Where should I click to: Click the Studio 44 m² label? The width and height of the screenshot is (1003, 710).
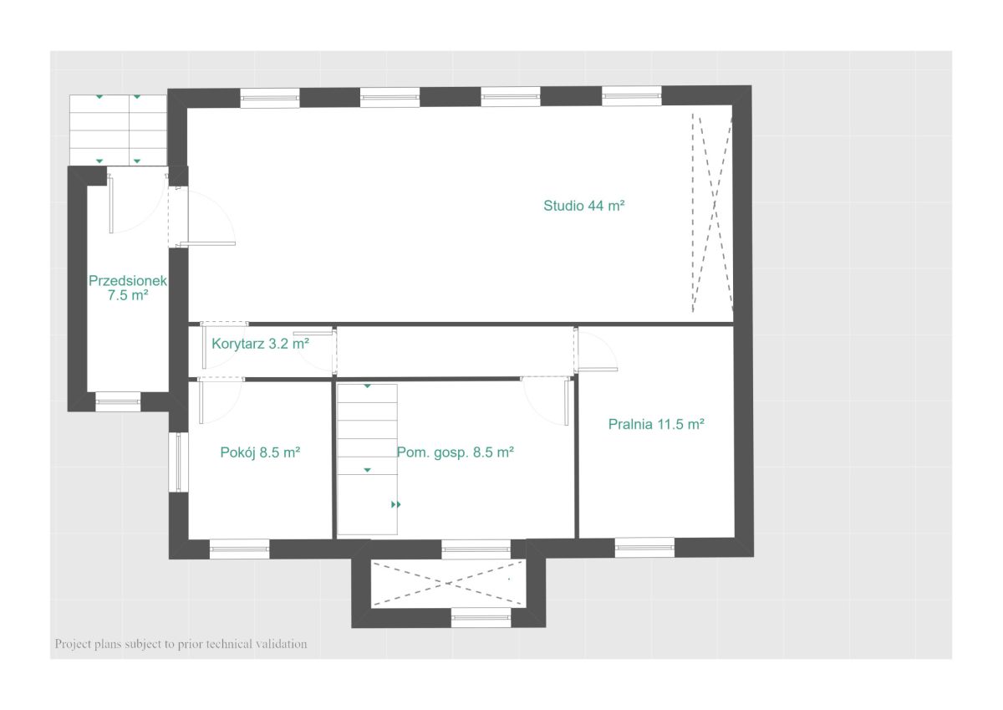[583, 206]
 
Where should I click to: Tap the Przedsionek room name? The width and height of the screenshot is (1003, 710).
[128, 281]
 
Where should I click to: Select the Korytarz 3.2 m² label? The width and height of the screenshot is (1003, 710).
[260, 344]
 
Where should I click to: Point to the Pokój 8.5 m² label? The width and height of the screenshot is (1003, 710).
[260, 452]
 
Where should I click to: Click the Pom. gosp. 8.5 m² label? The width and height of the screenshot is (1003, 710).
[456, 452]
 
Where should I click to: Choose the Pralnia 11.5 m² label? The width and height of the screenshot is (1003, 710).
[656, 424]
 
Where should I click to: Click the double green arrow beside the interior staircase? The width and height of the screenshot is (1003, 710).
[396, 504]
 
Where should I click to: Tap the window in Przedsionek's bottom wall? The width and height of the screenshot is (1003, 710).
[118, 401]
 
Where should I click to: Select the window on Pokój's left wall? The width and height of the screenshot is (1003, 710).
[178, 462]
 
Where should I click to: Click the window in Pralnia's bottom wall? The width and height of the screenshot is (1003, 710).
[644, 548]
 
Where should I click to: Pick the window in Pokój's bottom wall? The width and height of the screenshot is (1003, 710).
[240, 549]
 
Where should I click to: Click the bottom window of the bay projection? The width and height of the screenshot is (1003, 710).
[481, 618]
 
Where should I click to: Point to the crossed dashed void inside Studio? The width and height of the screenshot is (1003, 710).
[712, 212]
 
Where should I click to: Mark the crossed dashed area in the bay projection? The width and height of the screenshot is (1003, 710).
[448, 583]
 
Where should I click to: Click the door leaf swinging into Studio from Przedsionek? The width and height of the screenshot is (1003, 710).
[207, 243]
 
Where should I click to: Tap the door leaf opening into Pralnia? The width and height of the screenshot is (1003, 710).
[598, 370]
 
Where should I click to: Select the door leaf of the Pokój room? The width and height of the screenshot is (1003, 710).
[201, 401]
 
